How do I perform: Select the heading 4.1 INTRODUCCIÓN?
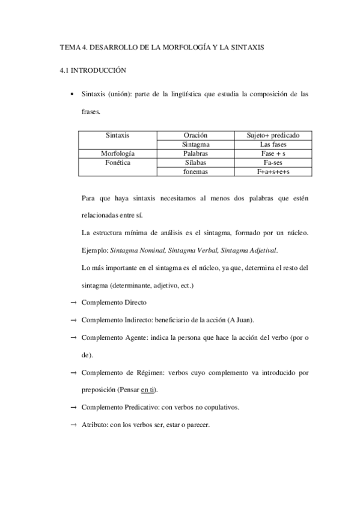(93, 70)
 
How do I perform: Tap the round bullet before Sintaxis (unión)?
(72, 95)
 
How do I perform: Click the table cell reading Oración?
(195, 135)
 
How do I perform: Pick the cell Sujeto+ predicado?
(273, 135)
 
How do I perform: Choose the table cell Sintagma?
(195, 144)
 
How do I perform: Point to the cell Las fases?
(273, 144)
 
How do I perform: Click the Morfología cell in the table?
(118, 153)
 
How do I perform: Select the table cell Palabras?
(195, 153)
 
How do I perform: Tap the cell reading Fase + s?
(273, 153)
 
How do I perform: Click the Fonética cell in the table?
(118, 162)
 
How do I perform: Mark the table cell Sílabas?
(195, 162)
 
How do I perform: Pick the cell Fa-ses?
(273, 162)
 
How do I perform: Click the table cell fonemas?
(195, 171)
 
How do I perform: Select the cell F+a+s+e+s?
(273, 171)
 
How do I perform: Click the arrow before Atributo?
(72, 425)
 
